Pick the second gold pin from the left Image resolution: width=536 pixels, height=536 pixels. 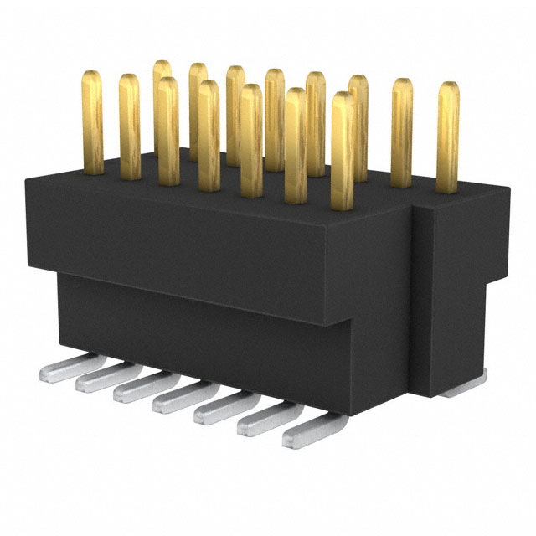(129, 126)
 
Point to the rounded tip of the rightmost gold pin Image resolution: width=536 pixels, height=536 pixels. (448, 87)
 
